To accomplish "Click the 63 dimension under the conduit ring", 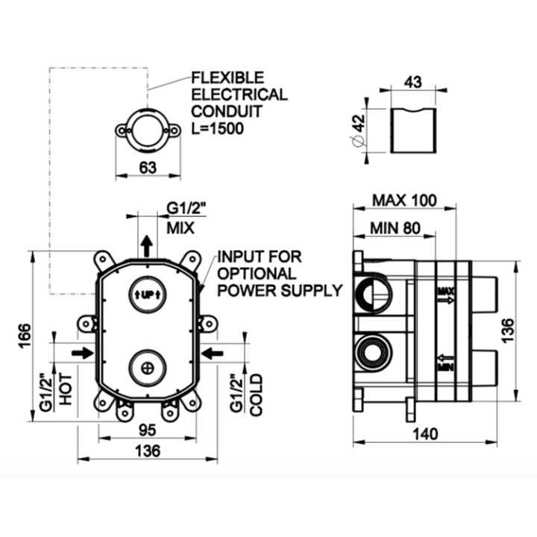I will pos(148,168).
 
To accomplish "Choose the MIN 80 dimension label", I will pos(397,228).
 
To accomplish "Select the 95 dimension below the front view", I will pos(148,430).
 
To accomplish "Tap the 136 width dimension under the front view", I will pos(148,451).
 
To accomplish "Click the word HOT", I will pos(66,389).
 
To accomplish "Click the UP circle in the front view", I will pos(148,294).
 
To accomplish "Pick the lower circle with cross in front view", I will pos(148,366).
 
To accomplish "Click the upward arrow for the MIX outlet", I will pos(148,244).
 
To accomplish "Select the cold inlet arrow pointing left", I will pos(213,351).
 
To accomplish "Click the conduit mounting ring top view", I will pos(148,129).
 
